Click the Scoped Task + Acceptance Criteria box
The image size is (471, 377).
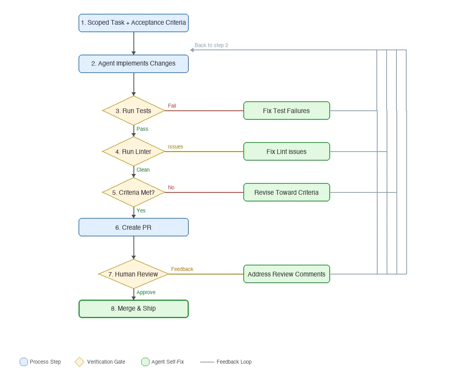click(133, 23)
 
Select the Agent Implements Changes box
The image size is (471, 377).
click(133, 64)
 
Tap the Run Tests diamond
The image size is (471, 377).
click(133, 111)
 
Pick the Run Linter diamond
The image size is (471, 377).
click(133, 152)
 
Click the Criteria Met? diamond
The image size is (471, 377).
click(133, 192)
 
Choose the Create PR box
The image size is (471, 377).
click(133, 227)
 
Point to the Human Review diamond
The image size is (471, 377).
click(133, 274)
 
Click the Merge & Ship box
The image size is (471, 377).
click(133, 309)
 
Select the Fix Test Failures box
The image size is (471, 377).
click(287, 111)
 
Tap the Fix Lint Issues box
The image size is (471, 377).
click(287, 152)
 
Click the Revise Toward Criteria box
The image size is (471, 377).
click(287, 192)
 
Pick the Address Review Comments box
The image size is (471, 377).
click(287, 274)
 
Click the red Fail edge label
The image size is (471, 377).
click(172, 106)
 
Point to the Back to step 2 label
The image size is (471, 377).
click(211, 45)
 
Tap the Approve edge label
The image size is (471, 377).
click(146, 292)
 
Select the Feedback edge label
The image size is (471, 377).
click(182, 269)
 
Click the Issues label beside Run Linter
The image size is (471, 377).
click(175, 146)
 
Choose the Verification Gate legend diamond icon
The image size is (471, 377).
click(80, 362)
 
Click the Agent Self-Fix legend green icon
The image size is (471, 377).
click(145, 362)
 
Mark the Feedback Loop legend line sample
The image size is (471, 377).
click(207, 362)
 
